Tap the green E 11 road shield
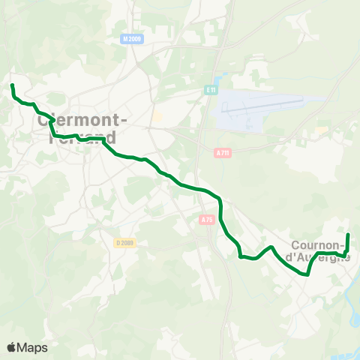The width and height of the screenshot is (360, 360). (x=211, y=90)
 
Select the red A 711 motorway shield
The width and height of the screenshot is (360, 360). (x=222, y=153)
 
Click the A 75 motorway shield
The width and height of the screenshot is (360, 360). (x=207, y=219)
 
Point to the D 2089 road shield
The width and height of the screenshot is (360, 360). (x=124, y=242)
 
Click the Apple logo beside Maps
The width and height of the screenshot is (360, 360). (x=12, y=347)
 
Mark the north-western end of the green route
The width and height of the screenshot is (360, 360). (x=12, y=85)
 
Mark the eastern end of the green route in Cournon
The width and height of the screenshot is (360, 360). (x=348, y=235)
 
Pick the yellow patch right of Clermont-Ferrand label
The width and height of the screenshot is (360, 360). (x=157, y=117)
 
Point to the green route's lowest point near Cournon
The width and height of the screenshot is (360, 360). (x=306, y=274)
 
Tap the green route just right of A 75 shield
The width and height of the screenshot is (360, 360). (x=222, y=217)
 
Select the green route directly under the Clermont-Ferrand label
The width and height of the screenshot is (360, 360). (x=75, y=137)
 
